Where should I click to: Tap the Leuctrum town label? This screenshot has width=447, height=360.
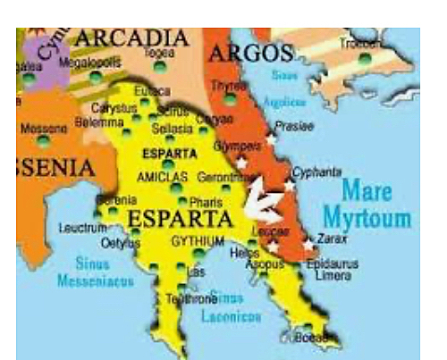pyautogui.click(x=81, y=229)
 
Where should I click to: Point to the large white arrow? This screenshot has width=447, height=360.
pyautogui.click(x=266, y=200)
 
